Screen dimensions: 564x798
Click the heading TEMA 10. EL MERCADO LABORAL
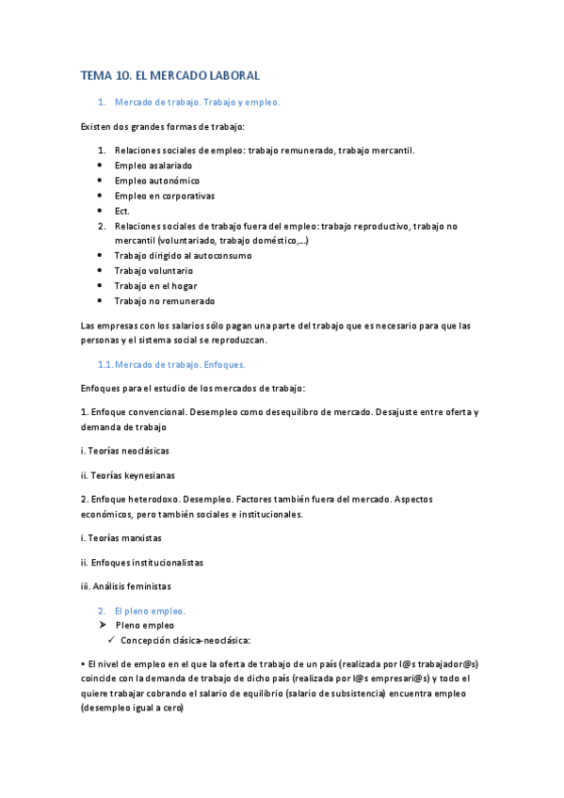click(169, 74)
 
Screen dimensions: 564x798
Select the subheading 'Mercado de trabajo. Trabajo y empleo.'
click(198, 102)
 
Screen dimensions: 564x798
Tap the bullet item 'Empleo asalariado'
click(154, 166)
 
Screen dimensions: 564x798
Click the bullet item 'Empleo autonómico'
click(156, 181)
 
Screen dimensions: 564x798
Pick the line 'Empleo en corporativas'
click(165, 196)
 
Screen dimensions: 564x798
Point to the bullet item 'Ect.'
click(122, 211)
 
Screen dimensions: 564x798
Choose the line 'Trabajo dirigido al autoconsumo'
click(183, 256)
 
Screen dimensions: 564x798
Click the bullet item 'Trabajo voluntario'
click(153, 271)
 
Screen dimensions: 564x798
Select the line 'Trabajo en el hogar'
click(155, 286)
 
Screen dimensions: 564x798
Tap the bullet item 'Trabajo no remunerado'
click(165, 301)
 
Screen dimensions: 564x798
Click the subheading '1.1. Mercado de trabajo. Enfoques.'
click(171, 364)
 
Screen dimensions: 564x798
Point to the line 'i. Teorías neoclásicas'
click(125, 451)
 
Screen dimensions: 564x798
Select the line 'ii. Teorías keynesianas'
click(128, 475)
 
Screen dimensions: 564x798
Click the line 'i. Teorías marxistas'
click(121, 538)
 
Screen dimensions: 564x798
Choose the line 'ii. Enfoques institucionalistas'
click(142, 563)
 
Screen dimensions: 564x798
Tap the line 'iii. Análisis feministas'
click(126, 587)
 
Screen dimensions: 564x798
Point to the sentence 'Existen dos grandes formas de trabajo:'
click(163, 126)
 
